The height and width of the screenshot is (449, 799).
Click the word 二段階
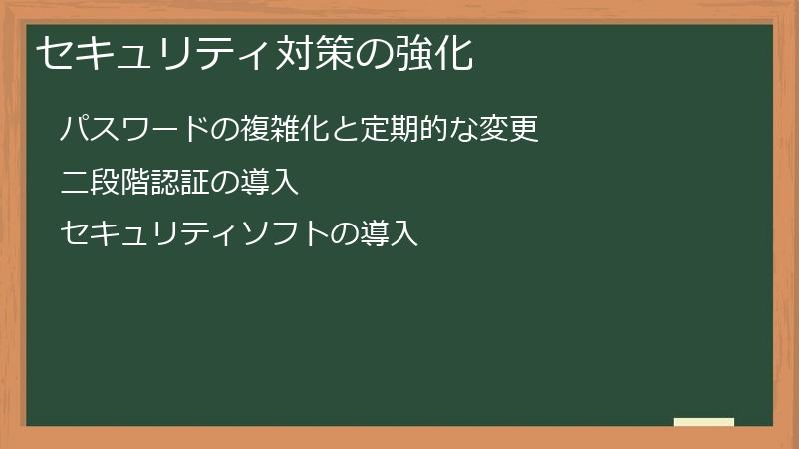pyautogui.click(x=105, y=182)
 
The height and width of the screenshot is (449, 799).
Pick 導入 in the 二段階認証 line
pyautogui.click(x=270, y=182)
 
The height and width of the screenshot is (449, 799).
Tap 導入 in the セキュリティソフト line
pyautogui.click(x=389, y=234)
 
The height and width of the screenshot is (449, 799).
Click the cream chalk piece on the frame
pyautogui.click(x=703, y=422)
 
